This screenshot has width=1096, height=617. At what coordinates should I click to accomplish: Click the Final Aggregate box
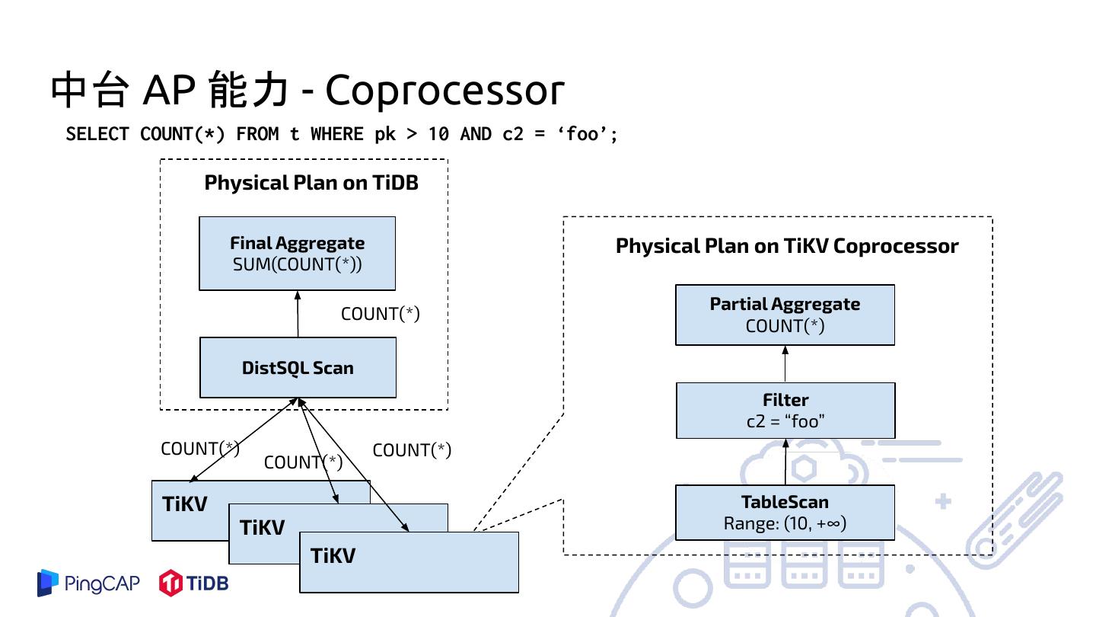coord(297,253)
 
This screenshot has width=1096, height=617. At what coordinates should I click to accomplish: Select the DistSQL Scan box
coord(298,368)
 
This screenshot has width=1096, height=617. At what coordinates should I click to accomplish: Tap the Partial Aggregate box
coord(785,315)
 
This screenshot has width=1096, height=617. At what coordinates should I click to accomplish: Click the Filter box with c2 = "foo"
coord(785,411)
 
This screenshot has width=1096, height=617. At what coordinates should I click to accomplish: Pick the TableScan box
coord(785,513)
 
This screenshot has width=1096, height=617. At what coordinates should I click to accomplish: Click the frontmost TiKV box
coord(409,562)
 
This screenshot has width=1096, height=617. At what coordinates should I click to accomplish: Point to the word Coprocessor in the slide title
coord(445,91)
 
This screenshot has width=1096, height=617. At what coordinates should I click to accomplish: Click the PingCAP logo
coord(88,583)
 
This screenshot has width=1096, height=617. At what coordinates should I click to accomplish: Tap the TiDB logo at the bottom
coord(193,583)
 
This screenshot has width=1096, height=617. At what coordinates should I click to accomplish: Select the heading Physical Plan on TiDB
coord(311,183)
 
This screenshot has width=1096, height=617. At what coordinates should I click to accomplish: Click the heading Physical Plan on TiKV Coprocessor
coord(787,246)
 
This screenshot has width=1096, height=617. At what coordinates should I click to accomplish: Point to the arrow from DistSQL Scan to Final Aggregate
coord(298,314)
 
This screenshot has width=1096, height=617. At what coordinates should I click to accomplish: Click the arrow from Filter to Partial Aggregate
coord(785,364)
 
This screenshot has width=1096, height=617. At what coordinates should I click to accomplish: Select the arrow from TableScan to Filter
coord(785,462)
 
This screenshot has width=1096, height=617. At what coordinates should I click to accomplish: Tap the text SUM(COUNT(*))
coord(297,265)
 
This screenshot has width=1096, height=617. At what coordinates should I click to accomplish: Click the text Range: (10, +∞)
coord(785,523)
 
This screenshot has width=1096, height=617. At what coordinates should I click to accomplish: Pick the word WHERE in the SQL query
coord(336,134)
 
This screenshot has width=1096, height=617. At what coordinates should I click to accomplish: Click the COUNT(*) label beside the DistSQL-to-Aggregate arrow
coord(381,314)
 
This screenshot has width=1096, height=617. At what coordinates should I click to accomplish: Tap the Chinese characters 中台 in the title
coord(91,91)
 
